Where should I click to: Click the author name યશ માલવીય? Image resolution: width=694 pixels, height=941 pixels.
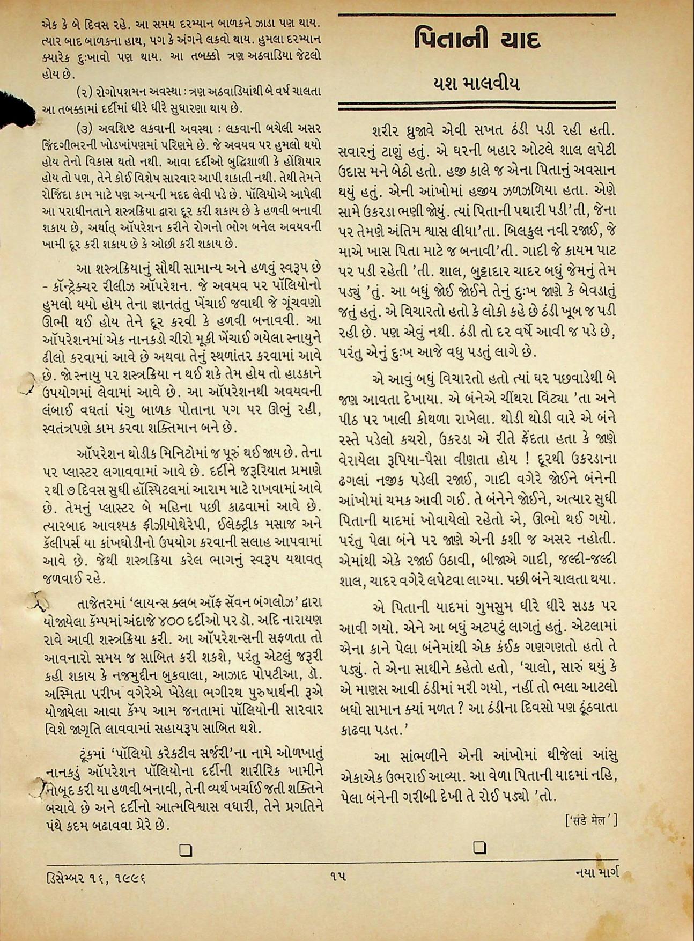476,84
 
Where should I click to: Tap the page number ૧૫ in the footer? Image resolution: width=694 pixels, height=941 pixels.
338,877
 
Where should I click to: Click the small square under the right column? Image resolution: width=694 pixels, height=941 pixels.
480,848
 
